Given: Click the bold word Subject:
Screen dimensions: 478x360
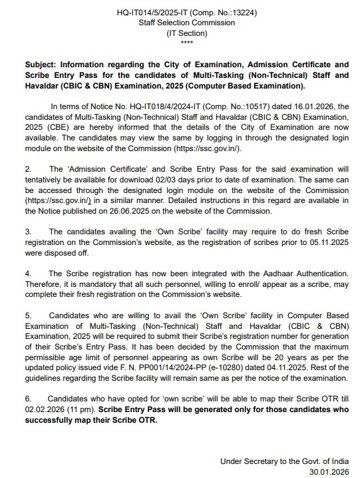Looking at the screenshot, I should pyautogui.click(x=43, y=65).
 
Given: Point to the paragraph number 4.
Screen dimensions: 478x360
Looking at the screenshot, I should pyautogui.click(x=28, y=273).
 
